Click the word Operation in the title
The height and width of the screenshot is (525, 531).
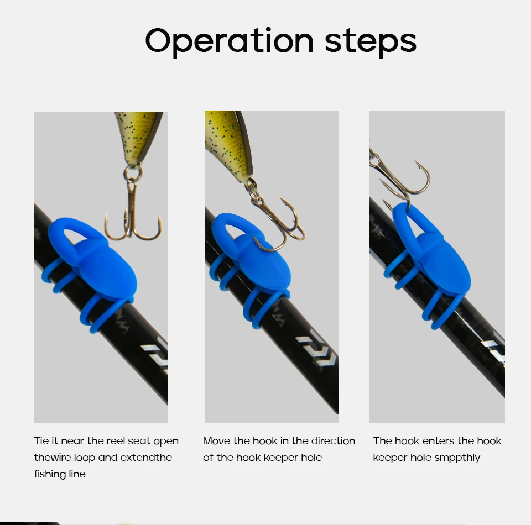point(229,42)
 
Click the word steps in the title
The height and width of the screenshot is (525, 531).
point(371,42)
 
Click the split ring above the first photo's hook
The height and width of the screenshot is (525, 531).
point(133,172)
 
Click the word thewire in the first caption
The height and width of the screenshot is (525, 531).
point(53,458)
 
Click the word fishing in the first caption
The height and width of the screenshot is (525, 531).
point(49,474)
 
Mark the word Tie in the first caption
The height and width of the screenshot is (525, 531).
point(41,441)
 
